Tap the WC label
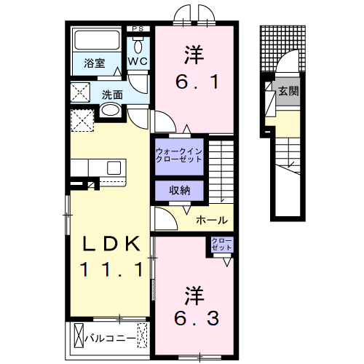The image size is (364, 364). coord(138,62)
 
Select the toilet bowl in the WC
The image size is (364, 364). coord(138,44)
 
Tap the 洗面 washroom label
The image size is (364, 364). coord(111,94)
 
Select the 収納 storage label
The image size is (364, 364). coord(179,190)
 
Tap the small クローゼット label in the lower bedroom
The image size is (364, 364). coord(221,244)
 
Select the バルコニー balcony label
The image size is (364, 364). coord(109,338)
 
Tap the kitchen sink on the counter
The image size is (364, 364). coord(114,168)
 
